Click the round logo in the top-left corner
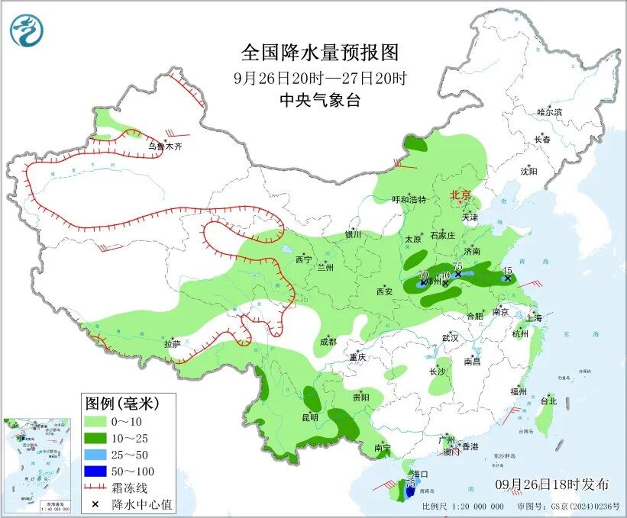[27, 30]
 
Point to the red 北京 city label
[461, 195]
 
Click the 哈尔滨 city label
[548, 112]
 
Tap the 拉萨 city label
[172, 344]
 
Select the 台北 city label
[548, 401]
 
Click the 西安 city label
[384, 291]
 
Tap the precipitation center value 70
[423, 275]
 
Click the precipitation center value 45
[507, 270]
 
